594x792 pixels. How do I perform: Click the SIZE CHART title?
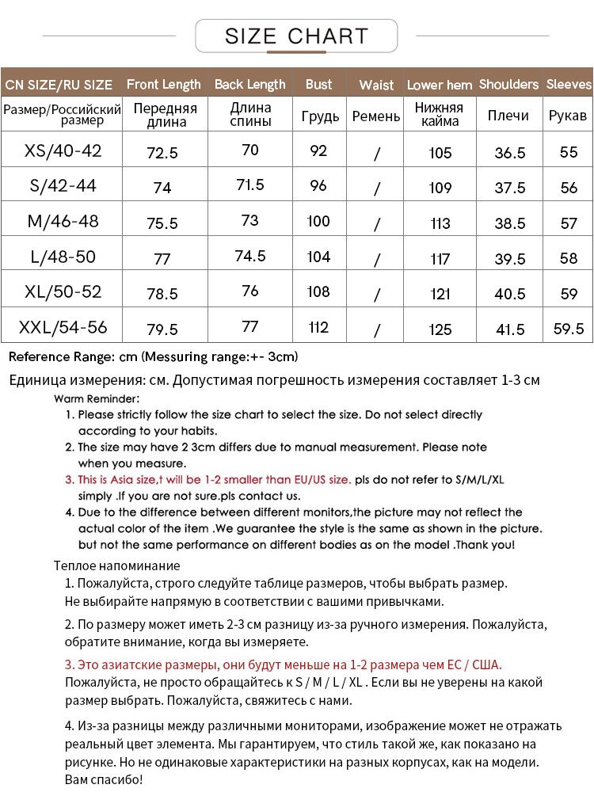pyautogui.click(x=296, y=36)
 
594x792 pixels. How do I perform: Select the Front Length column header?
pyautogui.click(x=164, y=84)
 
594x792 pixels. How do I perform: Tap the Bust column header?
pyautogui.click(x=318, y=84)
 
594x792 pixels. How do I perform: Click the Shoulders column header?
pyautogui.click(x=508, y=84)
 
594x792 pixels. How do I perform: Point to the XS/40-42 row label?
pyautogui.click(x=63, y=150)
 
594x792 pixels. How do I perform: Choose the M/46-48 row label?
pyautogui.click(x=63, y=221)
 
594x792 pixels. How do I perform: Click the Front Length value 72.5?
pyautogui.click(x=162, y=153)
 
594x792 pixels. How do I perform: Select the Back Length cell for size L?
pyautogui.click(x=250, y=256)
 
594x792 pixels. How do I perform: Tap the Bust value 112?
pyautogui.click(x=318, y=326)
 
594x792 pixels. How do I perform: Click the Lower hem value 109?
pyautogui.click(x=440, y=188)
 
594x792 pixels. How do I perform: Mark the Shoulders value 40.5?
pyautogui.click(x=510, y=294)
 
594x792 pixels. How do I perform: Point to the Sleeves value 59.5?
pyautogui.click(x=569, y=328)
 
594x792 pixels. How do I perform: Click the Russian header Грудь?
pyautogui.click(x=320, y=116)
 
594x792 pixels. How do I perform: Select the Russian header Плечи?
pyautogui.click(x=508, y=116)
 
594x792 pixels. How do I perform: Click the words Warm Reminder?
pyautogui.click(x=97, y=398)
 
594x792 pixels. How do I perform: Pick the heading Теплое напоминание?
pyautogui.click(x=117, y=565)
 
